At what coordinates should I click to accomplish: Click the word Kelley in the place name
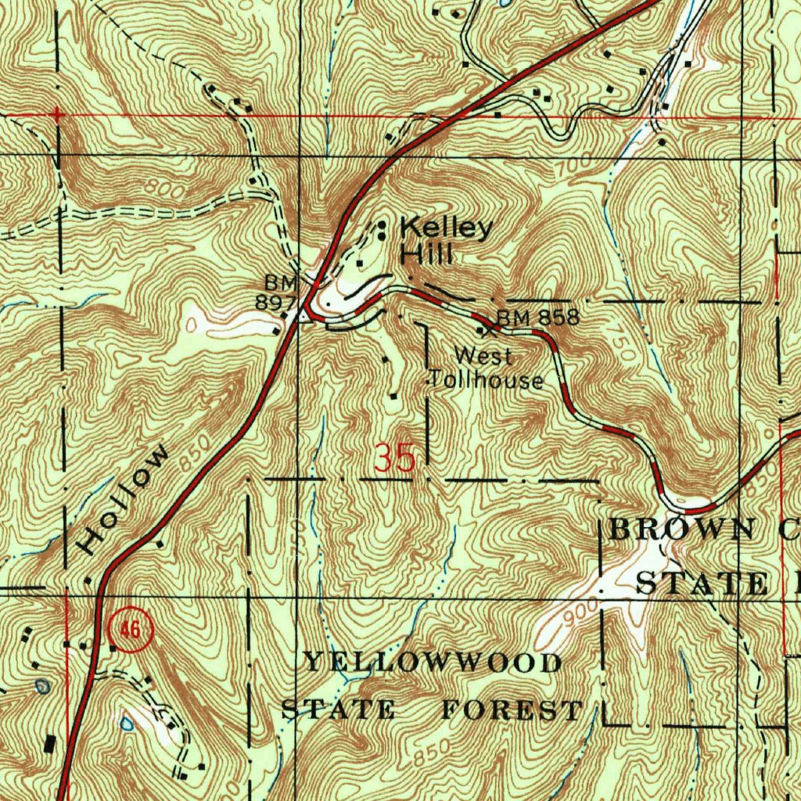click(447, 228)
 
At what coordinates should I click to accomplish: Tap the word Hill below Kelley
click(426, 254)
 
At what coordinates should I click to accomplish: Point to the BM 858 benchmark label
click(539, 318)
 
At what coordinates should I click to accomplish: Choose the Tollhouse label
click(487, 381)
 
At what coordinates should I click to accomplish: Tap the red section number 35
click(394, 458)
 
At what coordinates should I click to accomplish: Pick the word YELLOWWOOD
click(433, 663)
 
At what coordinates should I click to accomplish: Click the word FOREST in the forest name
click(512, 710)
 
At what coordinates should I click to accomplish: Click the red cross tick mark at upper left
click(56, 115)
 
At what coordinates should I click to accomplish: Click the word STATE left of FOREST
click(338, 710)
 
